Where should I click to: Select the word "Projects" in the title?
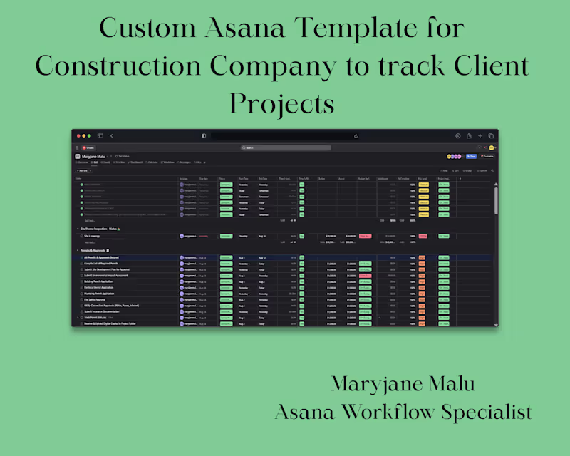281,104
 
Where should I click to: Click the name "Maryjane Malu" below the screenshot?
403,385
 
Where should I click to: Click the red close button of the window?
78,135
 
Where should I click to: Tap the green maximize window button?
90,135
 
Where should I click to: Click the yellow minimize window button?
84,135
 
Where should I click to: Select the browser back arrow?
112,135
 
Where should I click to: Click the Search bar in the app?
285,147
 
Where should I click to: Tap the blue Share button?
471,156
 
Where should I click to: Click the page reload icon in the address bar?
356,135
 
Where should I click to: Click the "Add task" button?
83,171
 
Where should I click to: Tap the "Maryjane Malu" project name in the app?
94,156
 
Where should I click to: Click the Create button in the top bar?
89,147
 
